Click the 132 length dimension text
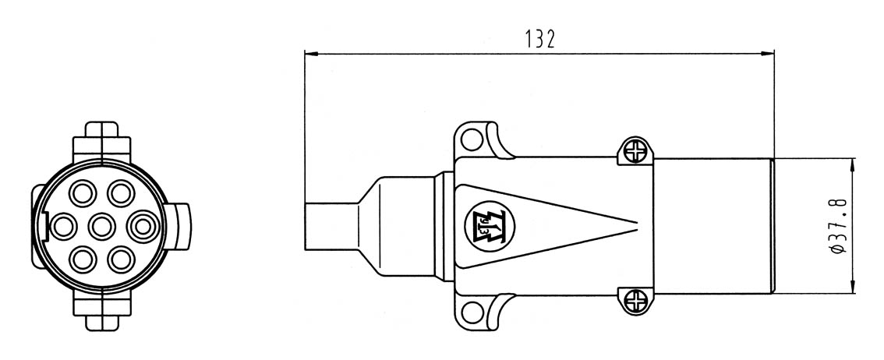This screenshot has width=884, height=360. pos(540,39)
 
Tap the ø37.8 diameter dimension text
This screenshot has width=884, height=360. pos(838,226)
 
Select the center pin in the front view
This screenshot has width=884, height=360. pos(102,227)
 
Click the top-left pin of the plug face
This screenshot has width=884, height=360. pos(83,193)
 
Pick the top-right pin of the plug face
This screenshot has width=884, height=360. pos(121,193)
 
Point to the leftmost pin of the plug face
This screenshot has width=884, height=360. pos(63,227)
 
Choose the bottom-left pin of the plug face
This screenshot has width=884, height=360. pos(83,259)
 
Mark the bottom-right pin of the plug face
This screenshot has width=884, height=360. pos(121,259)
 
